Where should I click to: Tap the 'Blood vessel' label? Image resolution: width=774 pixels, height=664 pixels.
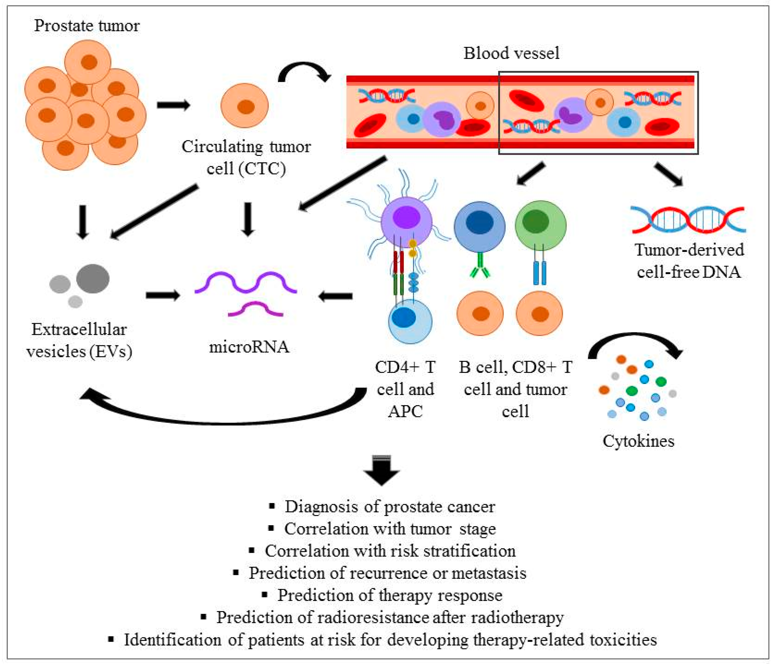pos(511,53)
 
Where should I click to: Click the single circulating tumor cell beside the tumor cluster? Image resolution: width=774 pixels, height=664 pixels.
pos(245,106)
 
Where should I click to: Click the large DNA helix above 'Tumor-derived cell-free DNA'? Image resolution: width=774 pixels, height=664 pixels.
pos(688,219)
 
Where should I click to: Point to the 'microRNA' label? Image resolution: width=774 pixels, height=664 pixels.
pos(249,347)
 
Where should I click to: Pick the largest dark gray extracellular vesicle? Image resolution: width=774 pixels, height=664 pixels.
pos(93,278)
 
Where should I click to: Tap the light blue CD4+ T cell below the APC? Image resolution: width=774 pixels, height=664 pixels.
pos(410,321)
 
